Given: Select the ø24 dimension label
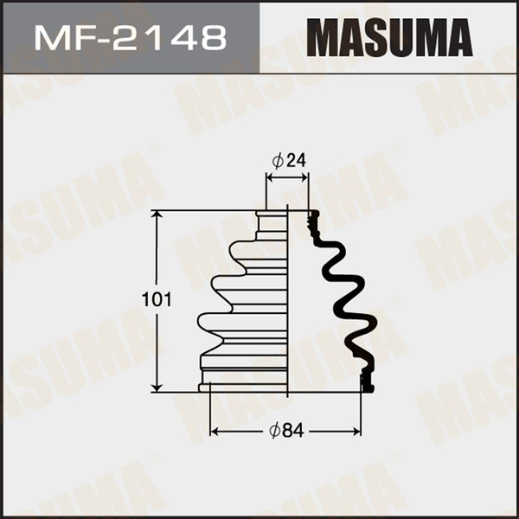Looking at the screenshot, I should (289, 160).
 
